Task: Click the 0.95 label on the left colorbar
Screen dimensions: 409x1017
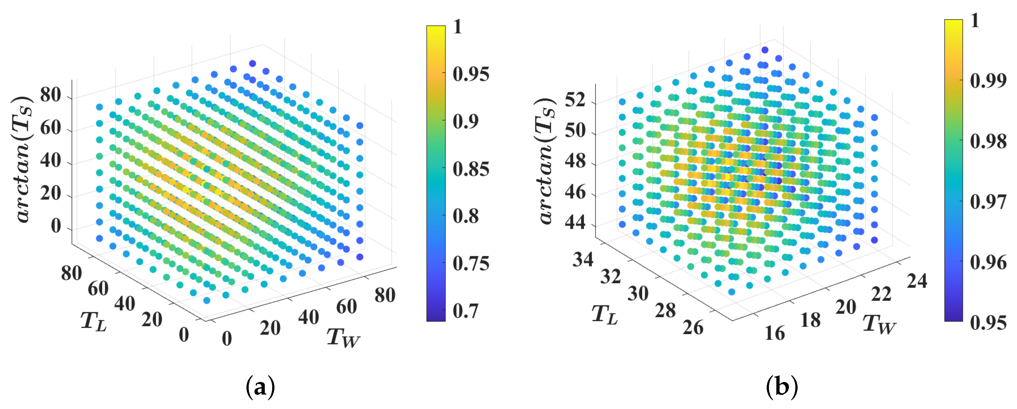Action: pyautogui.click(x=471, y=74)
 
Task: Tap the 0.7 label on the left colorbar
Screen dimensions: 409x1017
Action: pyautogui.click(x=465, y=311)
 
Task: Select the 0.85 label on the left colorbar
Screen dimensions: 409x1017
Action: pyautogui.click(x=471, y=169)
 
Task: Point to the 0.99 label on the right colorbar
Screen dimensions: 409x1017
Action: pyautogui.click(x=988, y=80)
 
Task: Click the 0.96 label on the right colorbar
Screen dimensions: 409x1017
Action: pyautogui.click(x=988, y=262)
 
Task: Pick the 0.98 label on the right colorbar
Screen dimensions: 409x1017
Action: pyautogui.click(x=988, y=141)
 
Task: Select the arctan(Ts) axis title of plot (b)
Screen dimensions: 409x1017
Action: pyautogui.click(x=546, y=161)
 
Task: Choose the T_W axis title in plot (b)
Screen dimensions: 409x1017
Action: pyautogui.click(x=879, y=324)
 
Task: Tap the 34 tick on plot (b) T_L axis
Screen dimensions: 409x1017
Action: pyautogui.click(x=583, y=260)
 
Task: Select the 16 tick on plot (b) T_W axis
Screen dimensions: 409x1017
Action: pyautogui.click(x=775, y=333)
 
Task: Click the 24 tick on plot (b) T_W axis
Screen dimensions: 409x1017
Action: pyautogui.click(x=917, y=281)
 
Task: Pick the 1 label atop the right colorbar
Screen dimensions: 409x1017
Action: pyautogui.click(x=975, y=21)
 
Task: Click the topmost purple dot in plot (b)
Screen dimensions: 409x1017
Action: pyautogui.click(x=765, y=50)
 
